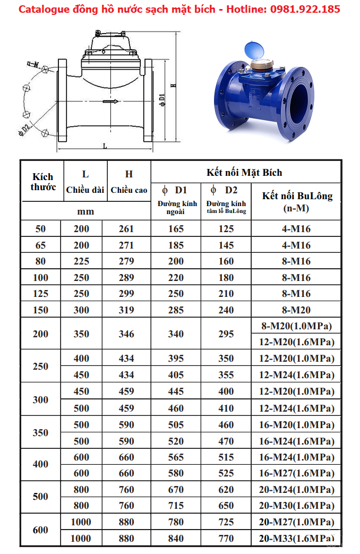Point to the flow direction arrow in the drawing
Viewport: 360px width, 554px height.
110,101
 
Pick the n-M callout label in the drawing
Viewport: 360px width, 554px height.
33,64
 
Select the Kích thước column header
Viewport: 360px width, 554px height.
42,181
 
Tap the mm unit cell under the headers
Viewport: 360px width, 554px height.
85,211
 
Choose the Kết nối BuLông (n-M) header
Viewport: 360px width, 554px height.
297,201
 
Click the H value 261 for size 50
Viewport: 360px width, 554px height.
126,229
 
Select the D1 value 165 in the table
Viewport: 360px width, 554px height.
176,229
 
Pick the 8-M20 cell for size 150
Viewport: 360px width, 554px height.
297,310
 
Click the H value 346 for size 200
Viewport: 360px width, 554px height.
126,334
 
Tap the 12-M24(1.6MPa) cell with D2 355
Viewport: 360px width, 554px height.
297,374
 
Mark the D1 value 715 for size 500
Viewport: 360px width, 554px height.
176,505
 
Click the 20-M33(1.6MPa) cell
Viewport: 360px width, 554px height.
297,538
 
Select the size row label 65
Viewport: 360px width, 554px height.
40,245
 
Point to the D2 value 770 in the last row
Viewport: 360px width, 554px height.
226,538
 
